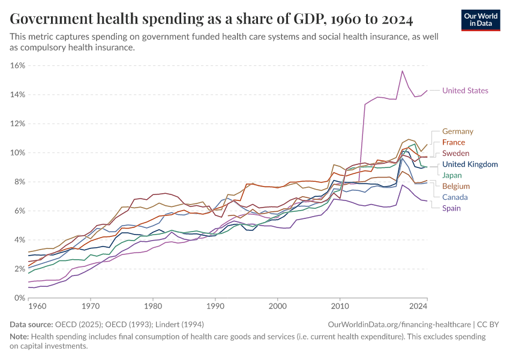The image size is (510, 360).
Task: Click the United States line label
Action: tap(465, 91)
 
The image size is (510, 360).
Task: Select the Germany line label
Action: tap(458, 131)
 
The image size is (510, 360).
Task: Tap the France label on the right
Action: tap(454, 142)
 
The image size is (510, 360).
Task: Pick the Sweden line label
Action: tap(456, 154)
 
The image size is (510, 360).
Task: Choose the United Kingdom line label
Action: tap(470, 164)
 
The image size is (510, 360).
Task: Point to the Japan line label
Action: tap(452, 175)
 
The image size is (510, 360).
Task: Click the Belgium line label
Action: tap(455, 186)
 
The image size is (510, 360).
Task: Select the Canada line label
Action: tap(455, 197)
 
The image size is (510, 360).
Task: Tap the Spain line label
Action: tap(452, 208)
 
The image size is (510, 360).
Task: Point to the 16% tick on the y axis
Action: tap(18, 65)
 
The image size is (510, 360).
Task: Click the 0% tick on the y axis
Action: tap(20, 298)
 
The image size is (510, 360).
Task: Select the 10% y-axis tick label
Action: tap(18, 152)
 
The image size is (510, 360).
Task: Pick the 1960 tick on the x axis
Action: tap(37, 307)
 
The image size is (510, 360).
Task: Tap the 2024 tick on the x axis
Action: tap(418, 307)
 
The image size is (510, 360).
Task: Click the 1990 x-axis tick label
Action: tap(215, 307)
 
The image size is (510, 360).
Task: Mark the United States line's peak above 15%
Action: tap(402, 71)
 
